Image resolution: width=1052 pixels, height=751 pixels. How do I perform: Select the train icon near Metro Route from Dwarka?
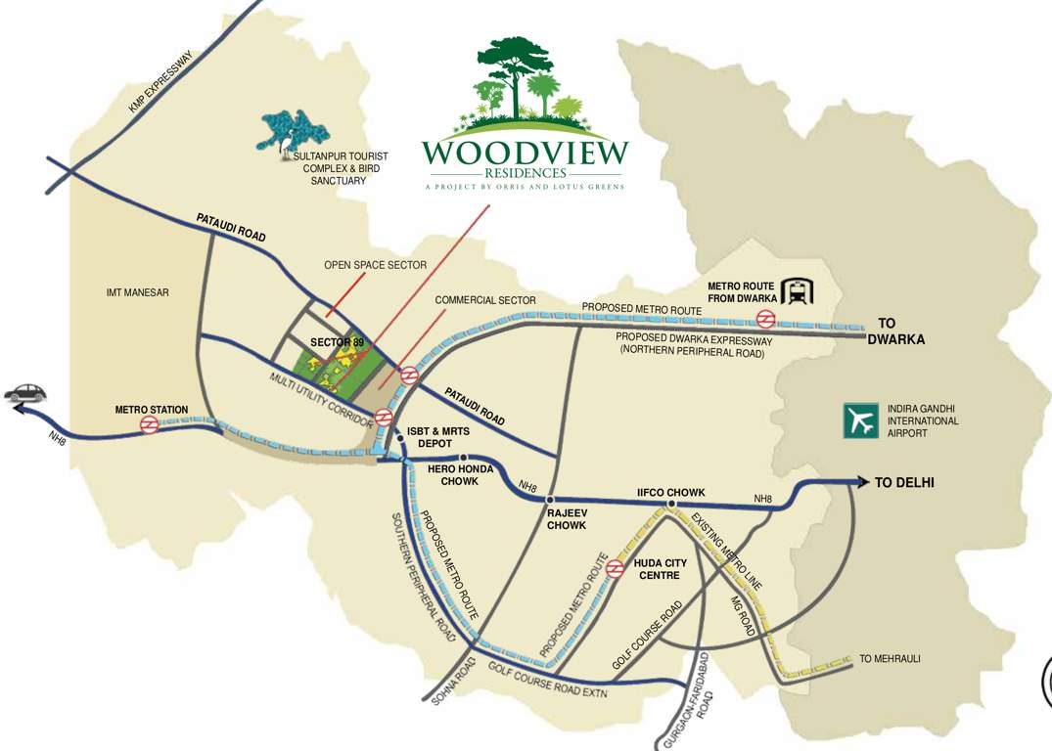pos(800,291)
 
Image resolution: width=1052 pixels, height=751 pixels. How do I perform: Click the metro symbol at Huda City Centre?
pos(616,568)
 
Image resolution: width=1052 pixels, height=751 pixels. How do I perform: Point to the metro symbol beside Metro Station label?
pos(149,424)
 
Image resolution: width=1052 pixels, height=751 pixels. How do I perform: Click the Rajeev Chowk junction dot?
pos(552,500)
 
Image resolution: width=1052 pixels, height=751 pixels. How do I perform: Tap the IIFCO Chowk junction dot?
pos(670,505)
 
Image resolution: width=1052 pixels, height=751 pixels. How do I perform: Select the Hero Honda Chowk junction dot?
pos(464,458)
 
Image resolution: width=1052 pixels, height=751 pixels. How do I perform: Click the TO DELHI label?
pos(904,482)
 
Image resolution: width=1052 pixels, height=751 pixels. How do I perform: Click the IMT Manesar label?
pos(139,292)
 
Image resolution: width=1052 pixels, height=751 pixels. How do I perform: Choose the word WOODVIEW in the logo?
pos(525,154)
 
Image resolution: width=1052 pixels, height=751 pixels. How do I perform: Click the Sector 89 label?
pos(337,342)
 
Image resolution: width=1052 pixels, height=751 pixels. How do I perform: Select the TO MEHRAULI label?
pos(890,659)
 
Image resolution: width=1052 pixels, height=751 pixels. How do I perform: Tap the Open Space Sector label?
pos(376,265)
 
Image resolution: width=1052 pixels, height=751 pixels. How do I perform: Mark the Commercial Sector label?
pos(485,299)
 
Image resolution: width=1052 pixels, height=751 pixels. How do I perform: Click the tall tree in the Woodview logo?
pos(512,73)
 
